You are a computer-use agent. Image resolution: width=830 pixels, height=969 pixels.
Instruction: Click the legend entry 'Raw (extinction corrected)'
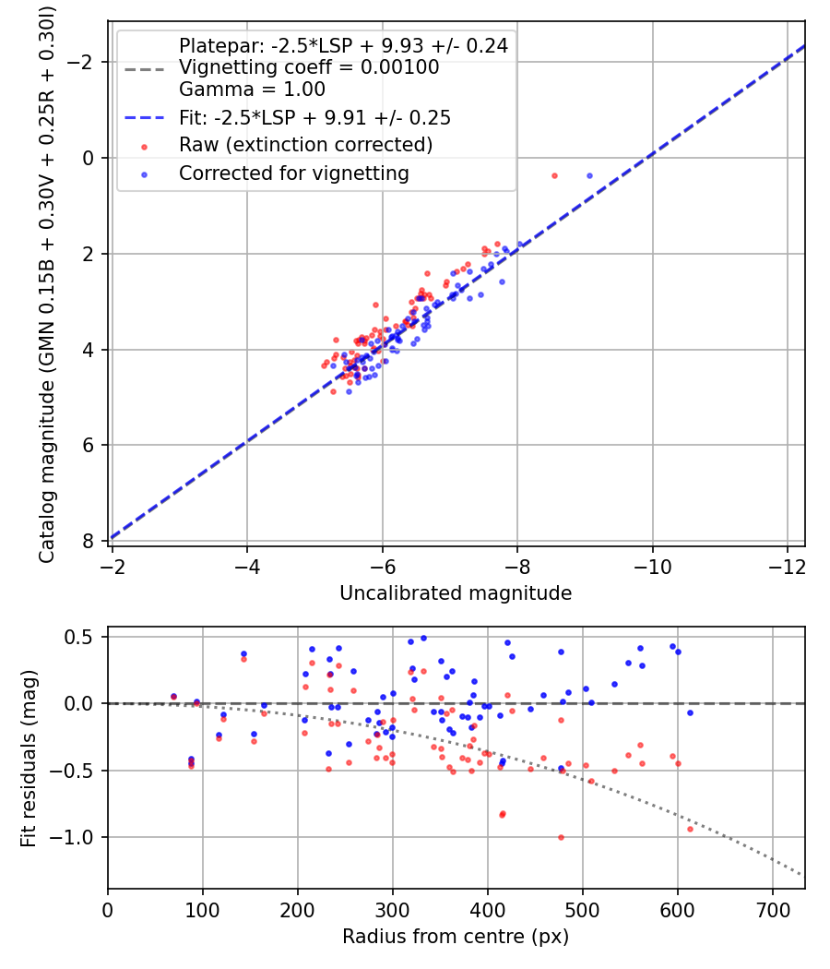(x=305, y=145)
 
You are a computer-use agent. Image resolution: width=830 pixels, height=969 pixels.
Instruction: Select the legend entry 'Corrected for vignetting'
(x=293, y=173)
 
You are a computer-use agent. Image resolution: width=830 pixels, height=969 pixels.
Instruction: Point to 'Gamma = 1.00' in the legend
(x=252, y=90)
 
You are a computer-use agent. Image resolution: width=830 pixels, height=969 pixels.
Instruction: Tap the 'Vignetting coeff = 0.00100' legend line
(x=309, y=67)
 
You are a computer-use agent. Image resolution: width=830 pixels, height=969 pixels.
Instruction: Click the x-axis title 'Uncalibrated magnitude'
(x=456, y=592)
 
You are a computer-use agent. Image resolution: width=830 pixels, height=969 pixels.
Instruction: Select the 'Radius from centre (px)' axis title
(x=456, y=937)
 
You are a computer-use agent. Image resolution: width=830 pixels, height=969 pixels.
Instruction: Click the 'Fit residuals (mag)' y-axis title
(x=29, y=757)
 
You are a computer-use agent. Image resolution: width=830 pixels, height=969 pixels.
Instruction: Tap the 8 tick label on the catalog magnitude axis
(x=89, y=541)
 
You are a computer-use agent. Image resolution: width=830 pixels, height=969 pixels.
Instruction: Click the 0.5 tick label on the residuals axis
(x=82, y=637)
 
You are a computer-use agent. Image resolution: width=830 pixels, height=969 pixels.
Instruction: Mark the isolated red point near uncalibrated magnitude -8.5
(x=554, y=175)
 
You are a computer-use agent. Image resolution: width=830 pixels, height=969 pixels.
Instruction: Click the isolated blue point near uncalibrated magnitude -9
(x=589, y=175)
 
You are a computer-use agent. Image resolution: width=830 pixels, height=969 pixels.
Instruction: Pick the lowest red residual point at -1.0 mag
(x=561, y=837)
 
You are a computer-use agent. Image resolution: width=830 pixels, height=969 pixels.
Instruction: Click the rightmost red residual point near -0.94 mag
(x=690, y=829)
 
